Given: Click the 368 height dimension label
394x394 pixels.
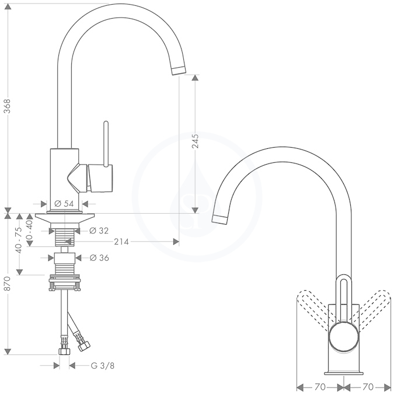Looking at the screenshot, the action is click(x=7, y=106).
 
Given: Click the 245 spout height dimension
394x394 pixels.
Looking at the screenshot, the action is click(x=195, y=141).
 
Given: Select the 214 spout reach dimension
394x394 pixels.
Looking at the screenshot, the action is click(x=121, y=242).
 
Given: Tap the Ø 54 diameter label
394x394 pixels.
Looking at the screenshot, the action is click(x=64, y=204).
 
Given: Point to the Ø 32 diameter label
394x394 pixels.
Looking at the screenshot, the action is click(x=99, y=231).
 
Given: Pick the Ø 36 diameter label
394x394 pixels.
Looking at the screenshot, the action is click(x=99, y=258).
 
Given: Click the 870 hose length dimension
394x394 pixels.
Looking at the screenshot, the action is click(x=7, y=284).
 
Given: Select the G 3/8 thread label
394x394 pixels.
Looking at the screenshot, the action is click(x=103, y=366).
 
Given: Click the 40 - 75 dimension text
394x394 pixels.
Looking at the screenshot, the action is click(x=19, y=240).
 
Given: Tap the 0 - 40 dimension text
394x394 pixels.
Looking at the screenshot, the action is click(x=29, y=229).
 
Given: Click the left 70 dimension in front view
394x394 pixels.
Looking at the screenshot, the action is click(x=320, y=386).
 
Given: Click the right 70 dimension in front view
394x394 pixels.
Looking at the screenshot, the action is click(x=368, y=386).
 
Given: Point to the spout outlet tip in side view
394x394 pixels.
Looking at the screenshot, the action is click(x=179, y=70).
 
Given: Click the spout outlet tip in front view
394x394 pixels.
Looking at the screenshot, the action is click(x=220, y=219).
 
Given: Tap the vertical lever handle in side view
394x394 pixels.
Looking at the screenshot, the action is click(x=106, y=144).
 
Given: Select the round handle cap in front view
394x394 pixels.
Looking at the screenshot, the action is click(x=344, y=338).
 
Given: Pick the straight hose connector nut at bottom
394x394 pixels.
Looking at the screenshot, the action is click(x=64, y=351).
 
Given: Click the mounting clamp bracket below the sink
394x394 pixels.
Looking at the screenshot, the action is click(x=65, y=283).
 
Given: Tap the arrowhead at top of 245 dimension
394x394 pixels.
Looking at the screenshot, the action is click(x=195, y=78).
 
